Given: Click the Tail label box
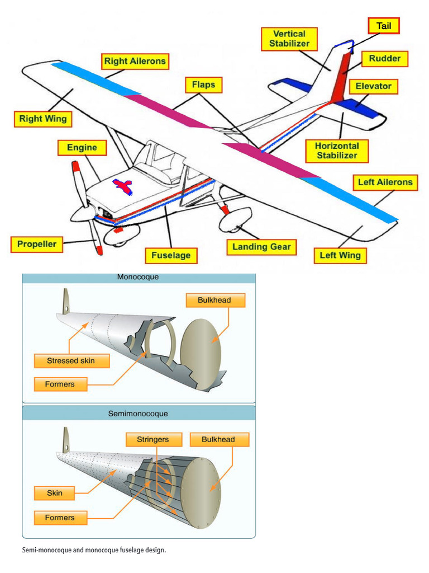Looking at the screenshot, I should point(384,26).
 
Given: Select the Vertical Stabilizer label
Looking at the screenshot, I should point(289,39).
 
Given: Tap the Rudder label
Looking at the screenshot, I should point(384,59).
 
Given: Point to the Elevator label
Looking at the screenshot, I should point(373,87).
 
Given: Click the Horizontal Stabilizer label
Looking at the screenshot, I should point(337,151).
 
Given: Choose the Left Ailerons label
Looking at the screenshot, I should point(385,182).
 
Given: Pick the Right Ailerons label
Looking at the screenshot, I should point(135,61).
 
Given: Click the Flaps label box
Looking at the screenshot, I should point(203,85).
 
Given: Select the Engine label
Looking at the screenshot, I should point(82,148).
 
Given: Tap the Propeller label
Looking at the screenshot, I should point(37,245).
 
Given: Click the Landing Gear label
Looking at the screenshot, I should point(261,247).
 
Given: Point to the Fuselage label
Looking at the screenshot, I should point(171,256).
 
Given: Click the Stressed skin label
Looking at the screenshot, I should point(71,361).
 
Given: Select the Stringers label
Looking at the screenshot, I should point(152,440).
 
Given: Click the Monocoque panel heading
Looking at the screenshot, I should point(138,277).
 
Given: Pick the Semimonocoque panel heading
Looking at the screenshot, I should point(138,414).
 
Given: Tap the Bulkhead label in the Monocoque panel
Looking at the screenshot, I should point(213,300).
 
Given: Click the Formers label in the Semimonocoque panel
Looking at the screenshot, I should point(60,518).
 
